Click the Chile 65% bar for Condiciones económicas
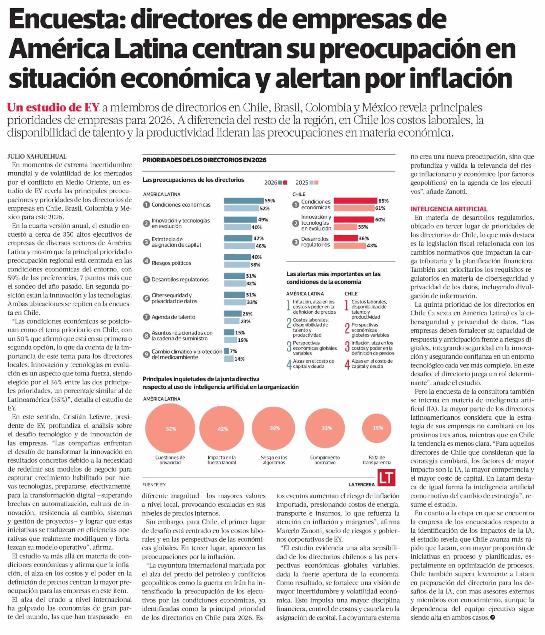coord(355,201)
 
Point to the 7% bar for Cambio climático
coord(227,351)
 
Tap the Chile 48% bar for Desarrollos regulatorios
coord(349,246)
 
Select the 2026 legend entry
coord(275,183)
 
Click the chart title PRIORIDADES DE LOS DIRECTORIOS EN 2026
coord(204,160)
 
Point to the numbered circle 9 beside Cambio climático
coord(146,354)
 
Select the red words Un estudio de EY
coord(53,108)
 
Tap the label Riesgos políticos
coord(171,263)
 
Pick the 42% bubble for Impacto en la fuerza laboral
coord(222,428)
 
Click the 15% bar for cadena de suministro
coord(229,332)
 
